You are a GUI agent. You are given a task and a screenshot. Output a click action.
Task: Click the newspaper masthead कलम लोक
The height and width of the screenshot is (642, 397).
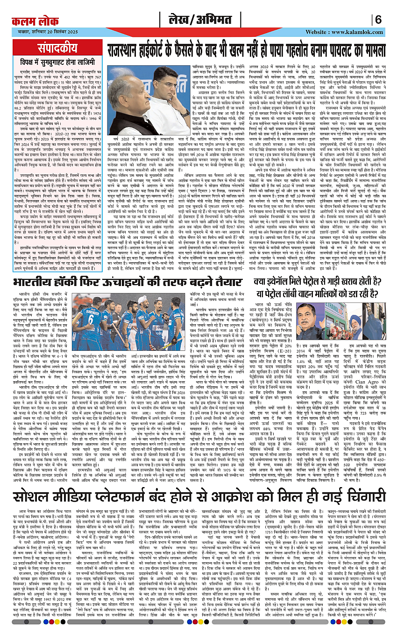click(35, 21)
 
